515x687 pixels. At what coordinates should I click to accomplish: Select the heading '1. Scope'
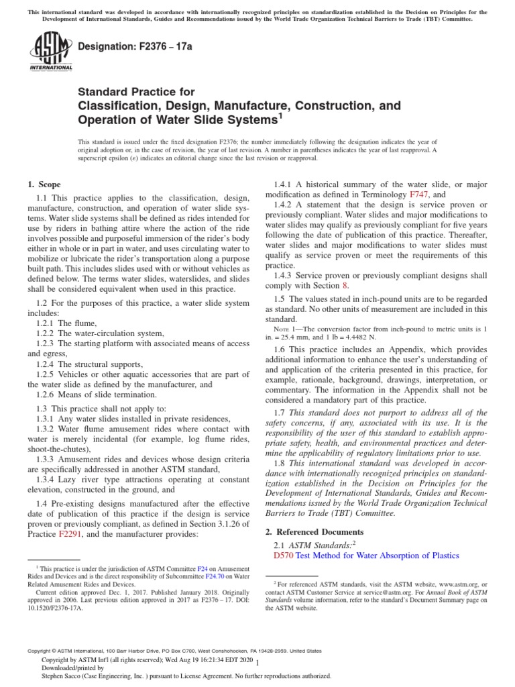(x=44, y=184)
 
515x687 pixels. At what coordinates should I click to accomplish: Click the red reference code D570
(x=284, y=556)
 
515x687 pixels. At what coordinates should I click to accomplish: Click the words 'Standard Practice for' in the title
(x=137, y=92)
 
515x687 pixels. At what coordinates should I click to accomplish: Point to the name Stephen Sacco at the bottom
(x=62, y=677)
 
